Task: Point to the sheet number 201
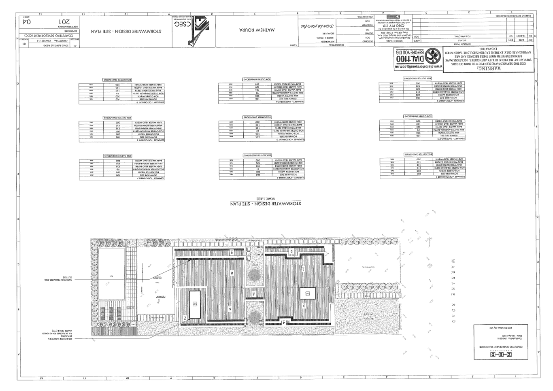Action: tap(64, 21)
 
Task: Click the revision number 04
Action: tap(27, 21)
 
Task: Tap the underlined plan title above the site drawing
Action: tap(266, 204)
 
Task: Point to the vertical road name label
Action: tap(453, 291)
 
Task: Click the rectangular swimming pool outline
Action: tap(111, 274)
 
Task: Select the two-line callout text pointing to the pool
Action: tap(58, 279)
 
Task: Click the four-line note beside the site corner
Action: tap(57, 335)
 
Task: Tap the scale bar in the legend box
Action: tap(501, 354)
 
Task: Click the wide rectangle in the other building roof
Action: tap(308, 293)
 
